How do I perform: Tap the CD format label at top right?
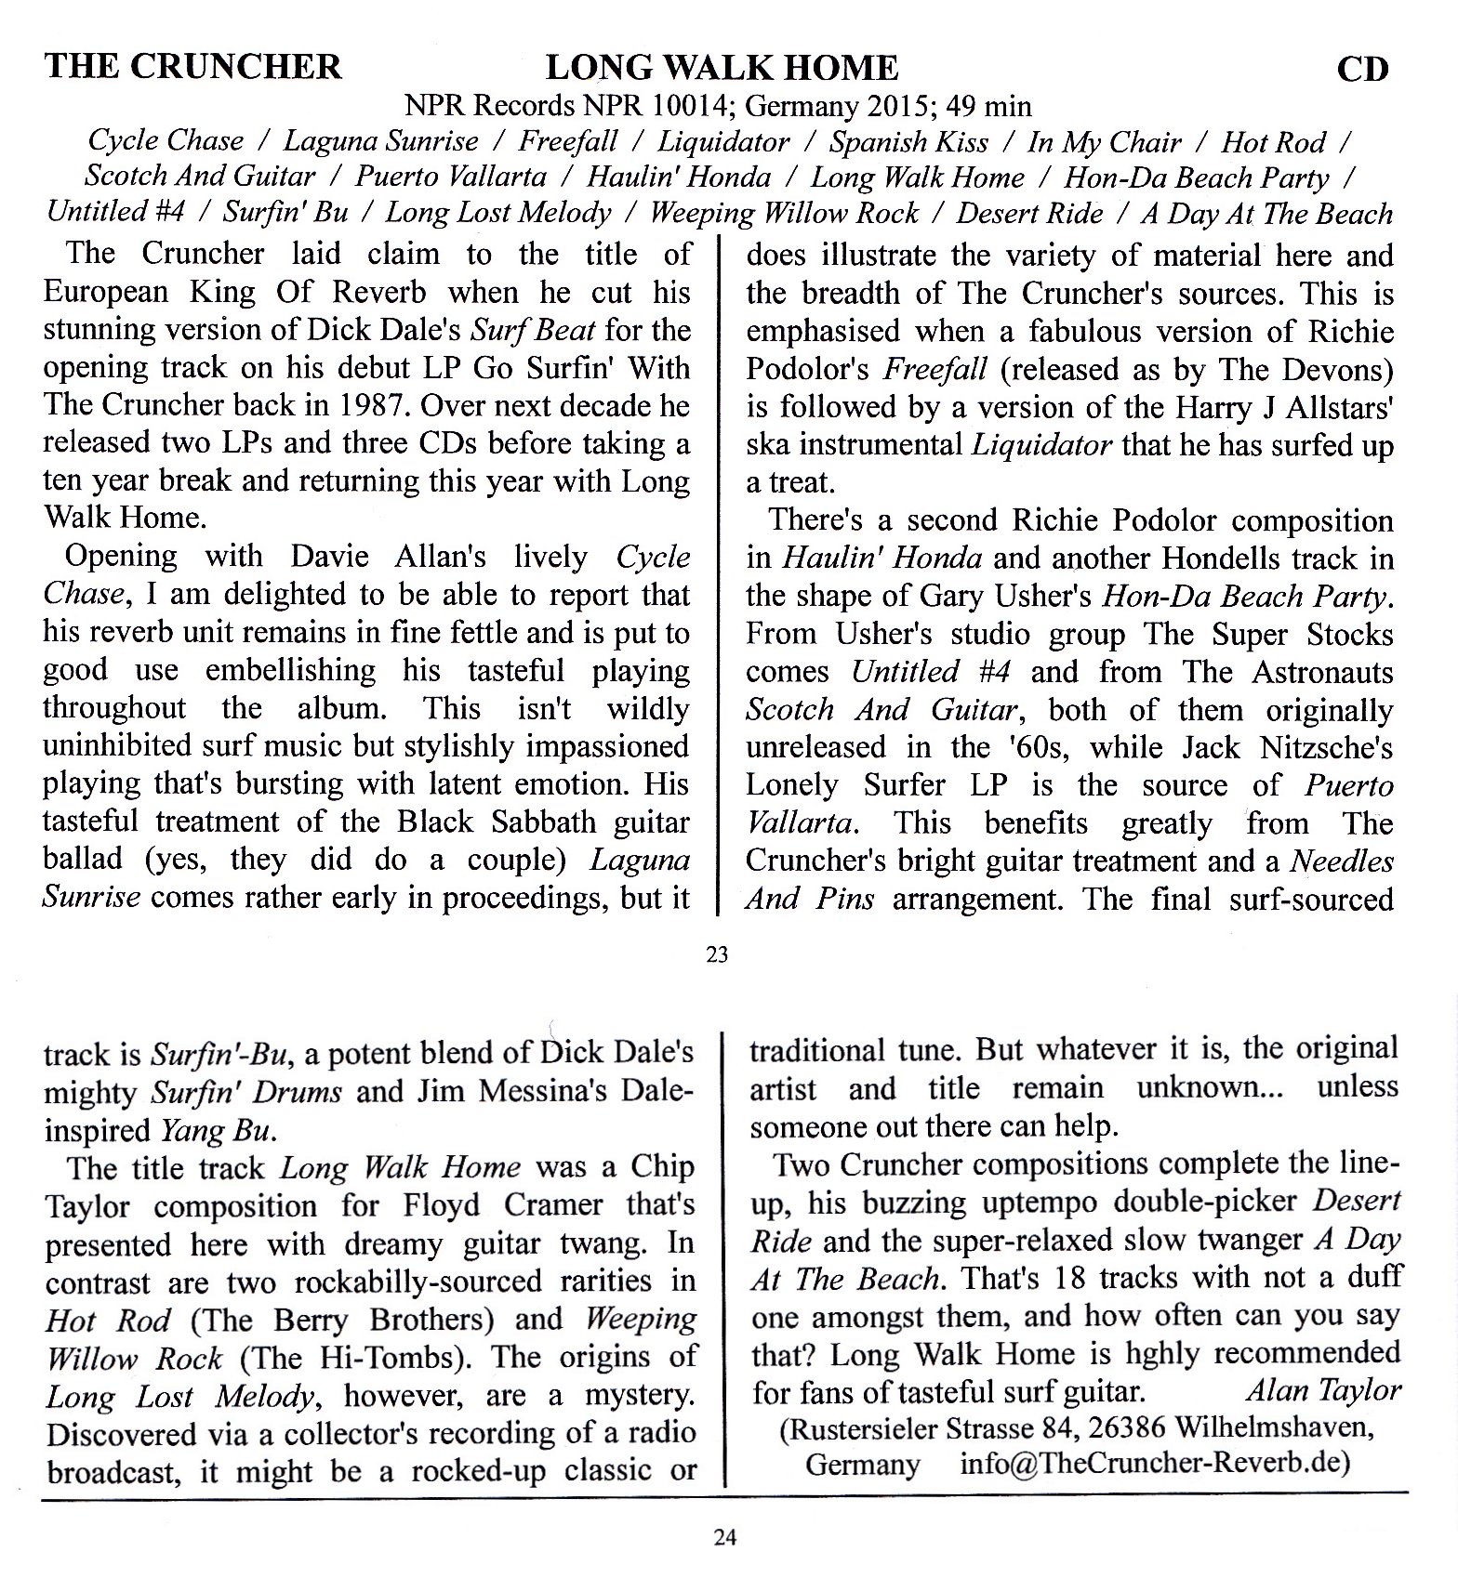(x=1362, y=70)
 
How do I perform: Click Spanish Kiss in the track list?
(x=908, y=142)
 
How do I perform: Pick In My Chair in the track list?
(x=1104, y=142)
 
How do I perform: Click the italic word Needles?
(x=1342, y=861)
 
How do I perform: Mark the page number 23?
(x=717, y=953)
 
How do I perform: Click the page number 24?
(x=725, y=1537)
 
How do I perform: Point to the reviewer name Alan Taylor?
(x=1322, y=1391)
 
